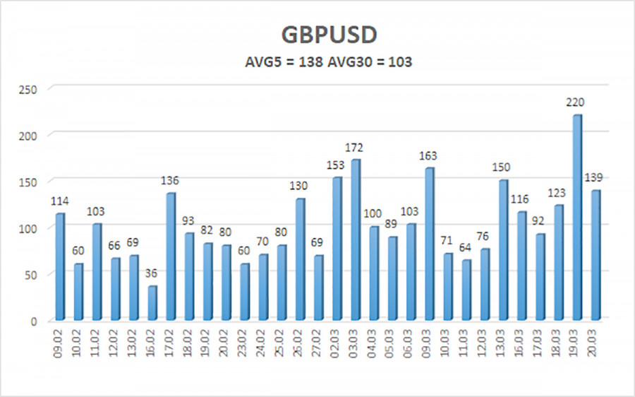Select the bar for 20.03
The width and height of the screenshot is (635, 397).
pyautogui.click(x=596, y=255)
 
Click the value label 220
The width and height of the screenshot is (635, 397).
pyautogui.click(x=576, y=102)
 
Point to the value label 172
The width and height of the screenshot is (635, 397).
pyautogui.click(x=355, y=148)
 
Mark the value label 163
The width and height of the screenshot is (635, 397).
pyautogui.click(x=428, y=156)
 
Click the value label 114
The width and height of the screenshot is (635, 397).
pyautogui.click(x=61, y=202)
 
